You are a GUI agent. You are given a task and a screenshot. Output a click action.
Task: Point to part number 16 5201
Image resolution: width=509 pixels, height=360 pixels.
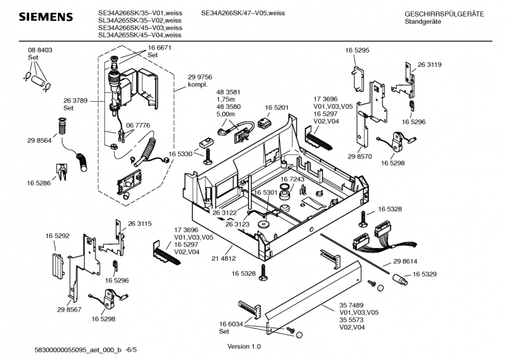pyautogui.click(x=277, y=107)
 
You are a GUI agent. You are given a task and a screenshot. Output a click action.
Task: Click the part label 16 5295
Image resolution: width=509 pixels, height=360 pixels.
pyautogui.click(x=358, y=50)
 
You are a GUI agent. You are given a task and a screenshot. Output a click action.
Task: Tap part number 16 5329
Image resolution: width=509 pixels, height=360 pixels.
pyautogui.click(x=425, y=274)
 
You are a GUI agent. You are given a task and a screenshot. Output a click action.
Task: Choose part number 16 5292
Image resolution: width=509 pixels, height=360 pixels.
pyautogui.click(x=57, y=236)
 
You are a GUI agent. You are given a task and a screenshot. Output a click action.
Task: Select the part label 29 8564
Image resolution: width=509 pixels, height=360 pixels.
pyautogui.click(x=39, y=140)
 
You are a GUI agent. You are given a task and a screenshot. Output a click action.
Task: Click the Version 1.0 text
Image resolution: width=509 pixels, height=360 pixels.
pyautogui.click(x=244, y=347)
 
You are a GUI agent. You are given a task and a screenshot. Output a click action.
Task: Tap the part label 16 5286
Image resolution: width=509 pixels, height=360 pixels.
pyautogui.click(x=39, y=183)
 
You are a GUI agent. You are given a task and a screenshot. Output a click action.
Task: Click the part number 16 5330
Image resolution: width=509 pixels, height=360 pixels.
pyautogui.click(x=181, y=153)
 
